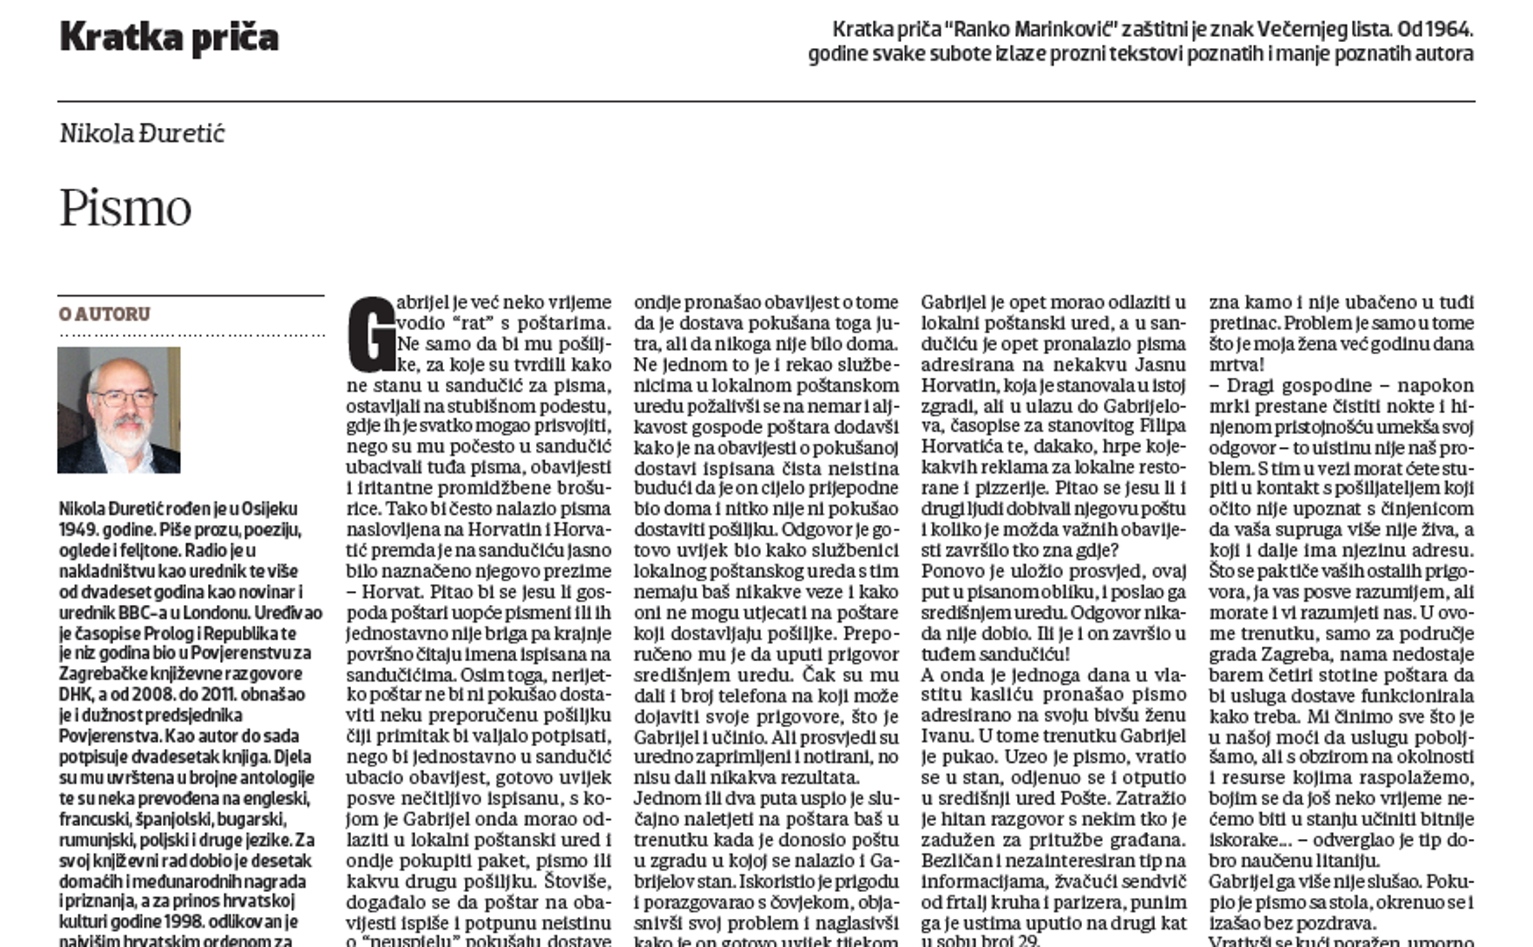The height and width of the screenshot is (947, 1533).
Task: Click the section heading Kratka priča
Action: (x=168, y=38)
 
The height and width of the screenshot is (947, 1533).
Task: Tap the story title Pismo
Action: (x=125, y=209)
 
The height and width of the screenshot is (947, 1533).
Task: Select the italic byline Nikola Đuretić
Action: (x=142, y=133)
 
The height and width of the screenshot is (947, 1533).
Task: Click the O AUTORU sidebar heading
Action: (x=104, y=314)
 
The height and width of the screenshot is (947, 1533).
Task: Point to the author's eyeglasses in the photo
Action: (x=123, y=398)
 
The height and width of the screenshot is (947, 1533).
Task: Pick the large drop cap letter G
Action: (x=371, y=334)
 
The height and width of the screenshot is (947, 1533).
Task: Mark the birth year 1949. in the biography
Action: (x=80, y=530)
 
